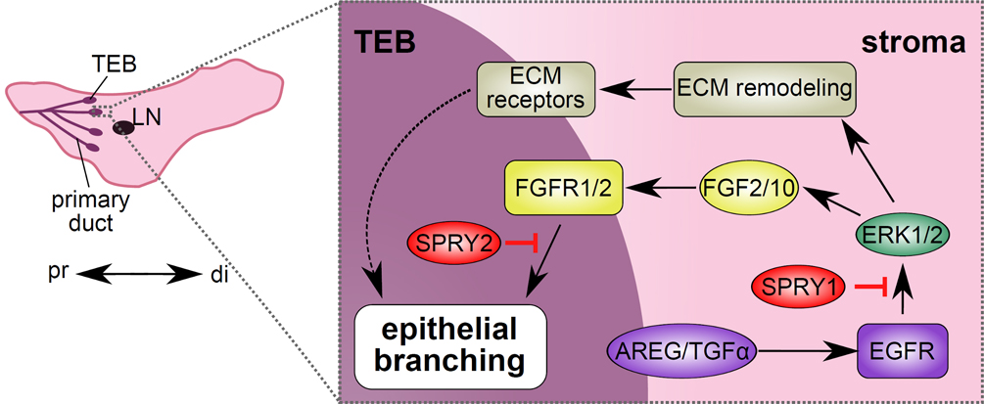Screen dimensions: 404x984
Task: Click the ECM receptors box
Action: pyautogui.click(x=537, y=88)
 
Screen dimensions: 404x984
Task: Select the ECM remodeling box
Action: pyautogui.click(x=765, y=88)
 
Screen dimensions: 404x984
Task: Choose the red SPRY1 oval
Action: pyautogui.click(x=798, y=286)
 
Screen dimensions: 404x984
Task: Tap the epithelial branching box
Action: pyautogui.click(x=451, y=345)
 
